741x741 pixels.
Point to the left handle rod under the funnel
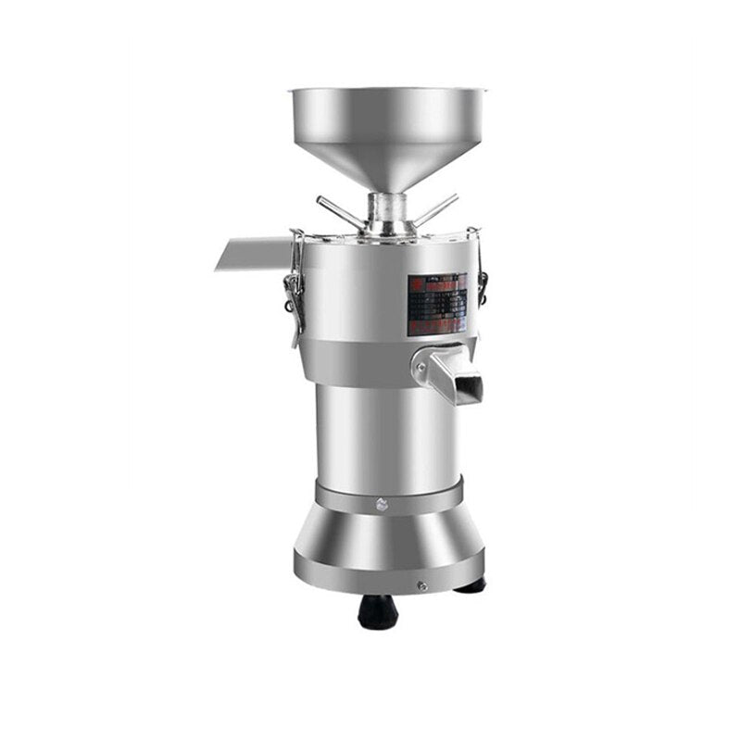(339, 210)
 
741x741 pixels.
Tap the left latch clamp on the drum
(295, 283)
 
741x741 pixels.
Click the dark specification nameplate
(437, 301)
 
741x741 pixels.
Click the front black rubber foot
(377, 610)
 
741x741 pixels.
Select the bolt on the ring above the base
(381, 504)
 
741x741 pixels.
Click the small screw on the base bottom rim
(422, 585)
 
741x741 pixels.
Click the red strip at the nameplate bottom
(436, 328)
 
